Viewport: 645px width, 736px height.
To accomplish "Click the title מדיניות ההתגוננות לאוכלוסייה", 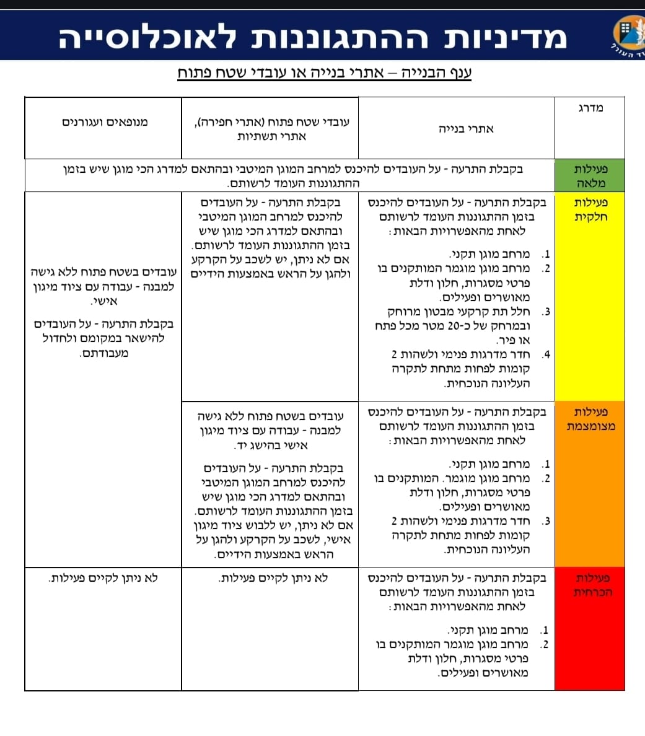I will pos(312,37).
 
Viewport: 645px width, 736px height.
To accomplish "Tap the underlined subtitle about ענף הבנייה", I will pos(325,73).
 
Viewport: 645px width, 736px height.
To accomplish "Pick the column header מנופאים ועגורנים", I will pos(105,122).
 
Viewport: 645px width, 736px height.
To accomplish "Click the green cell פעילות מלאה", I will pos(590,176).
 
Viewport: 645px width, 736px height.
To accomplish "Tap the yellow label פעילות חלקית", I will pos(590,209).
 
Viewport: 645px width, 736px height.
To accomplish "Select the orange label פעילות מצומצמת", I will pos(590,419).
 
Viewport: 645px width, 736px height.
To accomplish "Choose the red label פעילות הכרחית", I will pos(590,585).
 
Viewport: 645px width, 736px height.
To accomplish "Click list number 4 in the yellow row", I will pos(545,355).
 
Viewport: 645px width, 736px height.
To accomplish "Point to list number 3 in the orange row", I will pos(545,521).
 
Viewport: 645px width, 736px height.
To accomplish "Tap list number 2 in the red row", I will pos(545,644).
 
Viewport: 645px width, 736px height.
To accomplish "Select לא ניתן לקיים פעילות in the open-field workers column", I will pos(273,578).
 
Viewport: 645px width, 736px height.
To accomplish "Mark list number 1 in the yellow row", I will pos(545,254).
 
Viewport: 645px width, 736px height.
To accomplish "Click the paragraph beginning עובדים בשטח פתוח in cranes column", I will pos(104,286).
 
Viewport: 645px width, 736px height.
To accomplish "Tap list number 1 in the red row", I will pos(545,630).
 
